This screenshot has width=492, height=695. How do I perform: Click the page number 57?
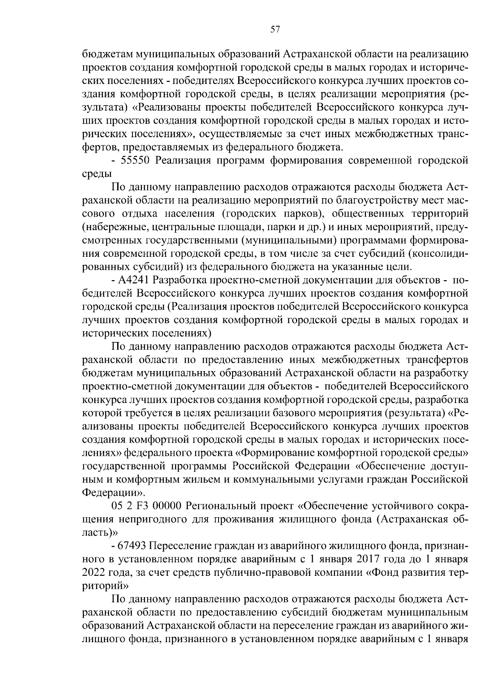tap(275, 29)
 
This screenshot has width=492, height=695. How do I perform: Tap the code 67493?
tap(132, 546)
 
